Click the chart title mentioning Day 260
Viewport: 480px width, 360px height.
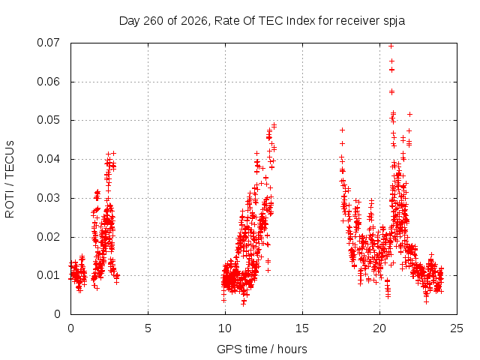pos(262,21)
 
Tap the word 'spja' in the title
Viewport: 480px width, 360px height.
pos(394,22)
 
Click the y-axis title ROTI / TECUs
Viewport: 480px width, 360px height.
pos(10,179)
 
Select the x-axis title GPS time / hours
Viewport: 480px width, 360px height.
pos(262,349)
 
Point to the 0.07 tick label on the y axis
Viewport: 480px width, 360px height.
pos(48,43)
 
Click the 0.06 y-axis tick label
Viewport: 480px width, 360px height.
pos(48,82)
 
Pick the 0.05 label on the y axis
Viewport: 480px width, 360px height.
pos(48,120)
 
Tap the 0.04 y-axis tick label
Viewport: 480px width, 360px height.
pos(48,159)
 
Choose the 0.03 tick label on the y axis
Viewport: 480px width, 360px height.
pos(48,198)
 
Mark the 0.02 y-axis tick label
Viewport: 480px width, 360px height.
pos(48,237)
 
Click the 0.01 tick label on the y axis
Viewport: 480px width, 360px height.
pos(48,275)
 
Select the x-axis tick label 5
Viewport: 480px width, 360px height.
pos(148,328)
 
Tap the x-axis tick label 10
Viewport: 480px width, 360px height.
pos(225,328)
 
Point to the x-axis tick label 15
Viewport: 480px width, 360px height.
pos(302,328)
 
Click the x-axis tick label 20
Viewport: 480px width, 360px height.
pos(379,328)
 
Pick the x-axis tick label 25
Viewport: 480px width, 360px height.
pos(457,328)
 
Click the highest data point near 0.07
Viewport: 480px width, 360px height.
pos(391,46)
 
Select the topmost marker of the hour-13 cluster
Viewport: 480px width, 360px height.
pos(274,125)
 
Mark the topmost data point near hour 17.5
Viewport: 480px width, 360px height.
pos(342,130)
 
